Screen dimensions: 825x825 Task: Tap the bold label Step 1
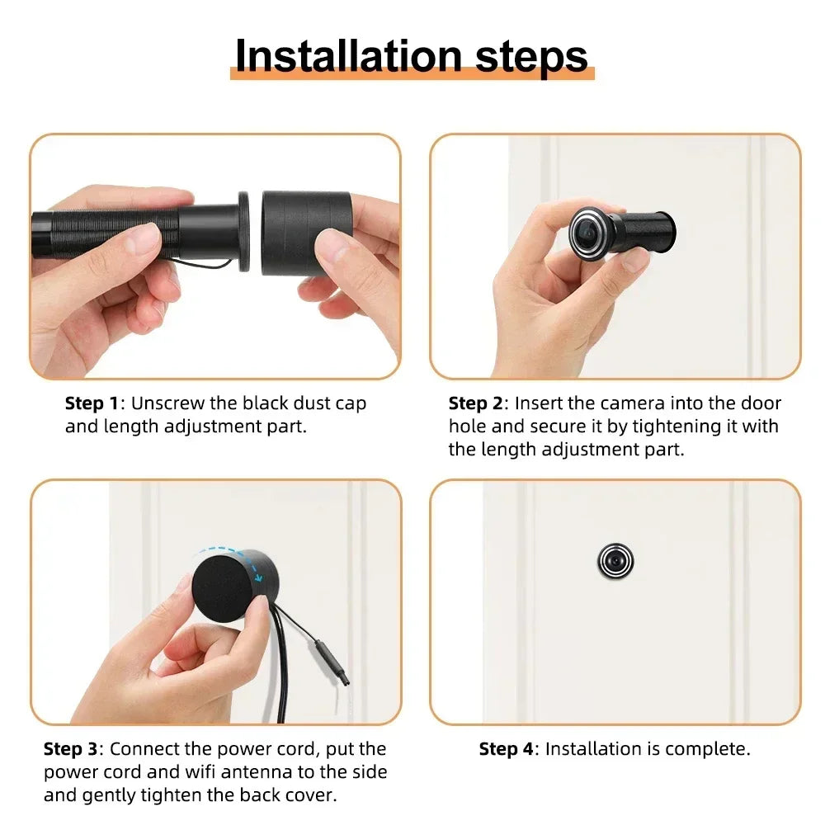(92, 404)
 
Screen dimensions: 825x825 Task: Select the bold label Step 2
(475, 404)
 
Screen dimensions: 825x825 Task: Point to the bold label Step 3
(70, 750)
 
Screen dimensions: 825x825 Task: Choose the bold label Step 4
(506, 750)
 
